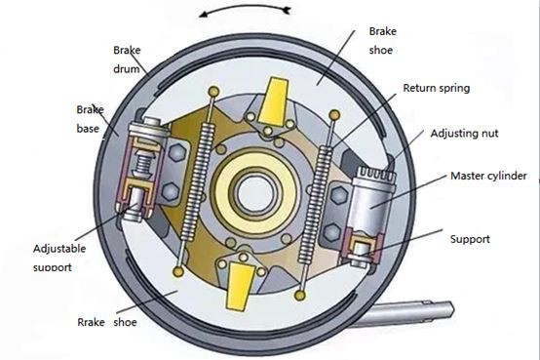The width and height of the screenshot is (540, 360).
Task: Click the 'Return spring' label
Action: [436, 88]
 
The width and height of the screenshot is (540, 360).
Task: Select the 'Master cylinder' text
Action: [488, 177]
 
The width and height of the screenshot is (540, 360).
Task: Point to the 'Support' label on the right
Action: [470, 238]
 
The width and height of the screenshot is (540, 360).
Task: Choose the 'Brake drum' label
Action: [128, 60]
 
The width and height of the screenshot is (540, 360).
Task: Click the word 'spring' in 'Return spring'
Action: [452, 88]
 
